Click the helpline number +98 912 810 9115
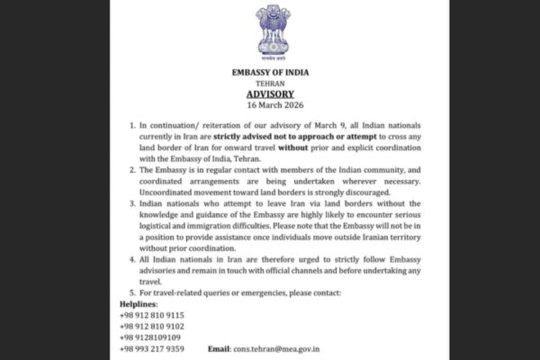[x=152, y=315]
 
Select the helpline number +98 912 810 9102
[x=152, y=326]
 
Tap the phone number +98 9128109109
[x=148, y=337]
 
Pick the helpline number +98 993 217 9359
[x=152, y=348]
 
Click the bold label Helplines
[x=137, y=304]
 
